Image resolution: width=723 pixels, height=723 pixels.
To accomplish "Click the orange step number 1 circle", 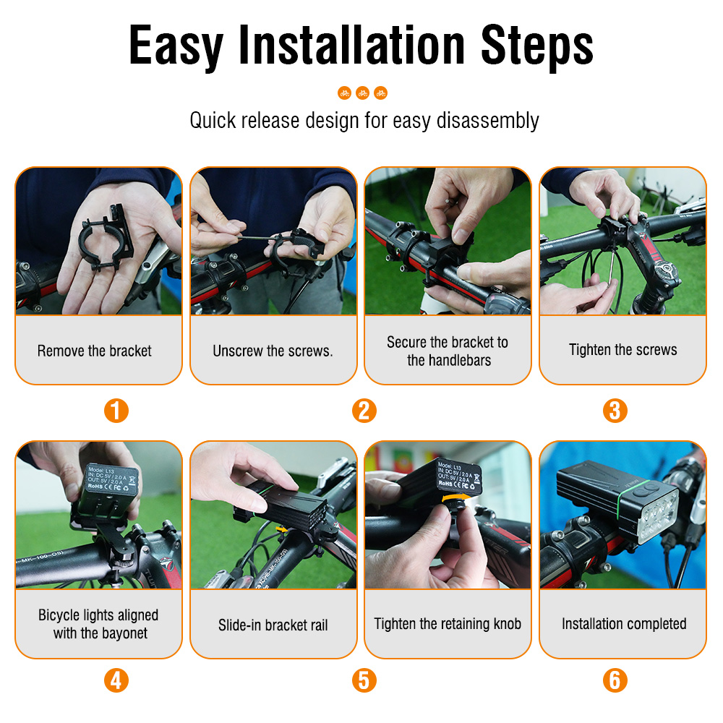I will click(116, 411).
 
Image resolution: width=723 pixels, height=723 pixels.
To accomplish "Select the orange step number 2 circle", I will click(364, 411).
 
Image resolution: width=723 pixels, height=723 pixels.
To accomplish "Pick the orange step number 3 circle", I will click(615, 411).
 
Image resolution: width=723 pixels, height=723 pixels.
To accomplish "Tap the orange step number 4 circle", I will click(116, 680).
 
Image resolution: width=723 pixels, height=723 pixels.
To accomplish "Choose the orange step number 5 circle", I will click(364, 680).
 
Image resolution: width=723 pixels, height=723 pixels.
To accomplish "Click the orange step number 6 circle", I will click(615, 680).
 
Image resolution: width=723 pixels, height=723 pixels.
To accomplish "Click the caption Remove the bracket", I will click(95, 351).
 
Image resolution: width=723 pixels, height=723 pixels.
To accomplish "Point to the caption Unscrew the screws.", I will click(273, 351).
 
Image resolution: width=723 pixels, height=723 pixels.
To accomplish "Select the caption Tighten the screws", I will click(623, 350).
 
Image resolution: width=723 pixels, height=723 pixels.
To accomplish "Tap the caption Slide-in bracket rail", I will click(273, 625).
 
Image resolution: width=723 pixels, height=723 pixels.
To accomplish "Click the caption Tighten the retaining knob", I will click(448, 624).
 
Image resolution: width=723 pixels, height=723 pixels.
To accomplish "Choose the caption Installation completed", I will click(623, 624).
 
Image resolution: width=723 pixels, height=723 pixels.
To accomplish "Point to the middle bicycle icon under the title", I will click(362, 93).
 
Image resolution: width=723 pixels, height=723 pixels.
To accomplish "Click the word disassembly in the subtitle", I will click(488, 120).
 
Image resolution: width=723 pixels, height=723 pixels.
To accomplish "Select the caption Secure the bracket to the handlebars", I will click(448, 351).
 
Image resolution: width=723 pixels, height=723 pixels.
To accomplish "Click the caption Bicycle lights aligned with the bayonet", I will click(98, 624).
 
